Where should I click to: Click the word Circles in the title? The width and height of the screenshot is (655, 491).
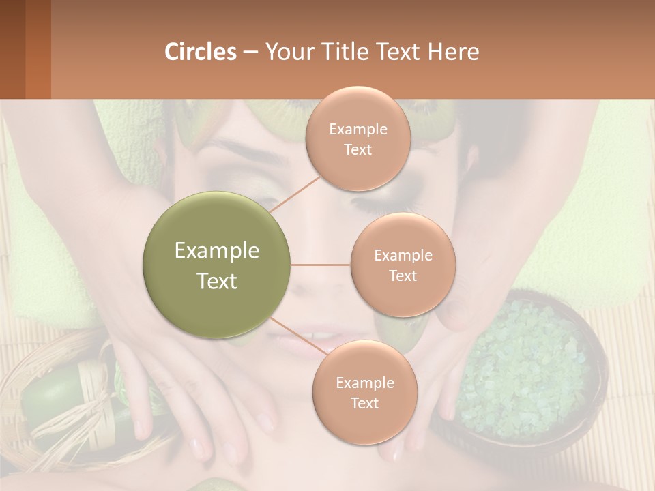point(200,52)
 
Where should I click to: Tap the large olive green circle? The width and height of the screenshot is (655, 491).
point(217,265)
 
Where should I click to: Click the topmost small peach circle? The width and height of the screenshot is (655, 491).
point(358,138)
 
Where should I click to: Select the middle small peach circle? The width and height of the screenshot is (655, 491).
point(403,265)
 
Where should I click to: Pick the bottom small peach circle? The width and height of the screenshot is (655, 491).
point(364,392)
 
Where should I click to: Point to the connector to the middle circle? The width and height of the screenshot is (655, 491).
point(321,265)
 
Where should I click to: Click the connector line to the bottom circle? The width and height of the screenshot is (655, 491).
point(297,338)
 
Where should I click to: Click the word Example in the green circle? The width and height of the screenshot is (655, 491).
point(217,251)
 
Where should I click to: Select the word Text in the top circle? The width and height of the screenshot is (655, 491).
point(358,149)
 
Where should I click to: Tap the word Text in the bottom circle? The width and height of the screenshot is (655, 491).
point(364,403)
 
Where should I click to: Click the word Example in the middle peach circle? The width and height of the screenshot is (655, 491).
point(403,255)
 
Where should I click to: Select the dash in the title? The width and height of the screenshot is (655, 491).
point(250,52)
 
